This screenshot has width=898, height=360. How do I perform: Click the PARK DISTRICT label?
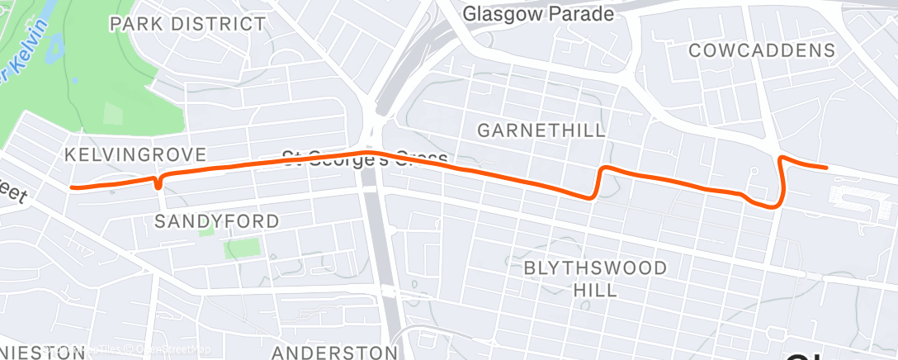188,23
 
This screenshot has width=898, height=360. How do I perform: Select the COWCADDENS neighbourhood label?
762,50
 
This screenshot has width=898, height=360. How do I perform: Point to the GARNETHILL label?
541,130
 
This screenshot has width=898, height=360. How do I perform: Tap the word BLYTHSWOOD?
595,269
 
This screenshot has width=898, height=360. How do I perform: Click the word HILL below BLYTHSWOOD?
595,290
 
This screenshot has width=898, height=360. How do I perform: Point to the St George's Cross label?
365,157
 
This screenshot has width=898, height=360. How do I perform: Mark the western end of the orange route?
73,187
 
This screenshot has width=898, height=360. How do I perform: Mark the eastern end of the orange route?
826,168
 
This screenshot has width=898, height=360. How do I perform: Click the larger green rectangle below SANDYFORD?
242,246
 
